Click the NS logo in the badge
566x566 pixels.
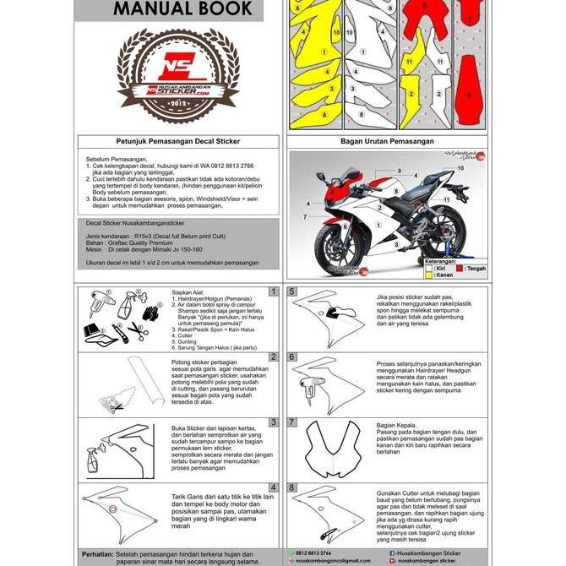[178, 72]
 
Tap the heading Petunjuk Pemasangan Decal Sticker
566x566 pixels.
[178, 142]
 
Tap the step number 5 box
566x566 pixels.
[291, 291]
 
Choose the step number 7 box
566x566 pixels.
[291, 422]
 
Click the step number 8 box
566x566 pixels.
[291, 487]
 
